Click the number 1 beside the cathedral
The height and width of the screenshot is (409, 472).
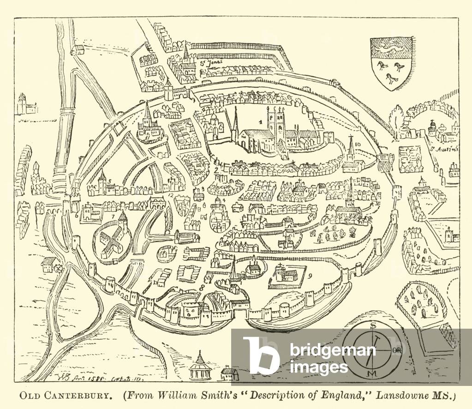click(261, 123)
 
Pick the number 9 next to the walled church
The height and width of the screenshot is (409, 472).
click(311, 277)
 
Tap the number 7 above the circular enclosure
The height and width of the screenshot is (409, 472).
click(112, 217)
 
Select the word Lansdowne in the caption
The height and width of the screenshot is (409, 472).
click(403, 396)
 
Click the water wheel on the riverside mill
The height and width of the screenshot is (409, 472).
click(58, 267)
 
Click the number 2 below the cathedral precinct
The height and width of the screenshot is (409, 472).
click(216, 170)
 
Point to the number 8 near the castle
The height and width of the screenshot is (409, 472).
click(202, 287)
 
